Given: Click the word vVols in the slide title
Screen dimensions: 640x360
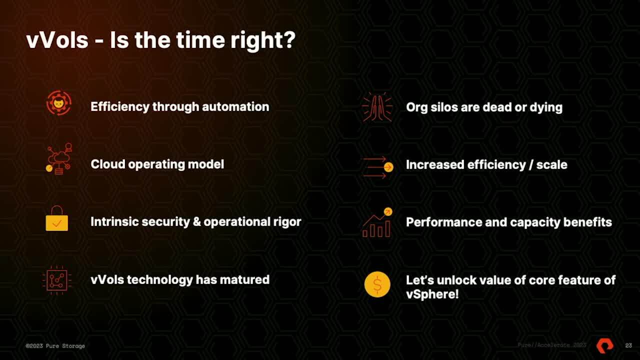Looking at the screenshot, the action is tap(57, 40).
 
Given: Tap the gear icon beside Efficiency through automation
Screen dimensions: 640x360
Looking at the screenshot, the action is tap(59, 103).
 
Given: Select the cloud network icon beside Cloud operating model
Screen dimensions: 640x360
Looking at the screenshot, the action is tap(59, 159).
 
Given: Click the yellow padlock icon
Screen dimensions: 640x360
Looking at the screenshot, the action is tap(57, 218).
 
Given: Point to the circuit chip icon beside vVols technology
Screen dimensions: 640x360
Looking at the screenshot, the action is tap(57, 280).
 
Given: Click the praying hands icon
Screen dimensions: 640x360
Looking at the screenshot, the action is tap(377, 107).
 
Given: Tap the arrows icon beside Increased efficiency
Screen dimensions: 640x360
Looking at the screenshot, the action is tap(378, 167).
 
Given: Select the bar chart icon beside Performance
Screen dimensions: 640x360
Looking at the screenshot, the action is tap(377, 222).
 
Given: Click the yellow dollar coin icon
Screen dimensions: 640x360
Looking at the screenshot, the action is tap(377, 284).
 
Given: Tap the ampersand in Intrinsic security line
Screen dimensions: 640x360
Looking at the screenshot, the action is tap(197, 222).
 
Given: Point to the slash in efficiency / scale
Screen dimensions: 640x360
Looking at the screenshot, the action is tap(531, 165).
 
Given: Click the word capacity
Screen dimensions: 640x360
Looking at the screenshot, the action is tap(535, 223).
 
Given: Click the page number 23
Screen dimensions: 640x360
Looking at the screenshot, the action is tap(628, 345).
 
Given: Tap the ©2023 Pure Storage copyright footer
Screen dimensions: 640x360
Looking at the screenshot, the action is tap(55, 346).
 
